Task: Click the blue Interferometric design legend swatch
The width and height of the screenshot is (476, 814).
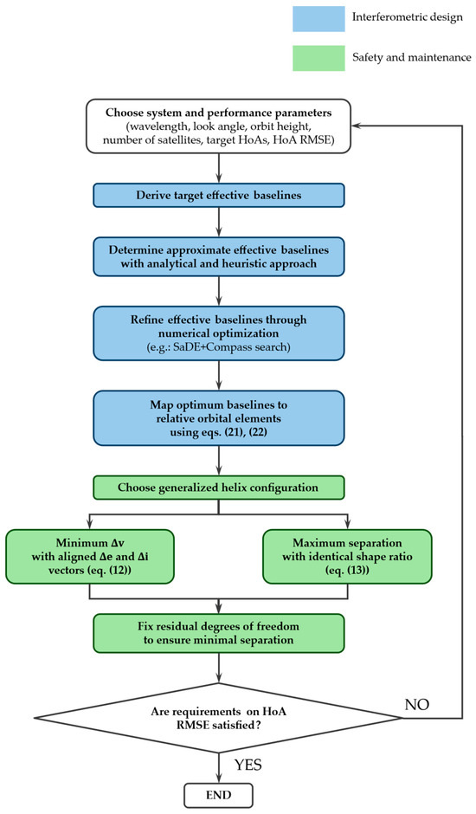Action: (x=318, y=19)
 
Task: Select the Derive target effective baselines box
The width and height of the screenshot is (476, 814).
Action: (x=219, y=196)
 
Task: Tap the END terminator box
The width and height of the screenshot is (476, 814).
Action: (x=219, y=795)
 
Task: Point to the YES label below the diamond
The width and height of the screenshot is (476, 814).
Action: (x=248, y=765)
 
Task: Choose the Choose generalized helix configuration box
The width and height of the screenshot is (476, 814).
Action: (x=219, y=488)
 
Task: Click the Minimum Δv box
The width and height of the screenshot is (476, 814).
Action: (x=90, y=557)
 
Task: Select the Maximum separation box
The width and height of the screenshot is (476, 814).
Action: (x=347, y=557)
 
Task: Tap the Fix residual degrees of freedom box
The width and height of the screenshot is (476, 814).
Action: (x=219, y=633)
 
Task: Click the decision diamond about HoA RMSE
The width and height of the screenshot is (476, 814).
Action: (x=219, y=718)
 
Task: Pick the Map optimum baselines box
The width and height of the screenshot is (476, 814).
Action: (x=219, y=418)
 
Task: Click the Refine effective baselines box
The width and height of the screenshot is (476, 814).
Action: (x=219, y=333)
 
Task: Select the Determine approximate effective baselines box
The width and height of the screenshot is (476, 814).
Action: (x=219, y=256)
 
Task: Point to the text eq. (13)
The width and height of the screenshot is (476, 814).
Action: (x=347, y=570)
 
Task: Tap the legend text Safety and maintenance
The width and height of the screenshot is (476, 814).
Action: (x=412, y=58)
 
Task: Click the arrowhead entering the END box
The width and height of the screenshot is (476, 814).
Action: (x=219, y=778)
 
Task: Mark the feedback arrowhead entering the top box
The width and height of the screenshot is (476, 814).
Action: (x=356, y=126)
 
